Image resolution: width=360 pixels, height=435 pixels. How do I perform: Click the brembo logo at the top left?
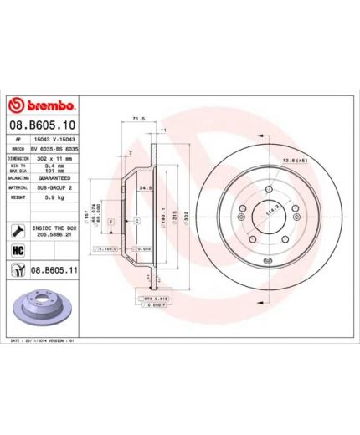tap(43, 106)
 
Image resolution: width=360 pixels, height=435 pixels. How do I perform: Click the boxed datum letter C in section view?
tap(135, 220)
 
